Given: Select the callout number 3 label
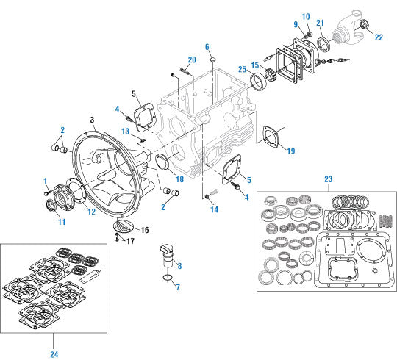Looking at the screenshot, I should [91, 119].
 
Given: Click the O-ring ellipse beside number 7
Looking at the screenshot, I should [168, 278].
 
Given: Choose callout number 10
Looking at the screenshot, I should [306, 16].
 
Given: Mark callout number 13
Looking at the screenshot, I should [126, 131].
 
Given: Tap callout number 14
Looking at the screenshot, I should [213, 209].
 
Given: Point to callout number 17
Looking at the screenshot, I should [130, 241].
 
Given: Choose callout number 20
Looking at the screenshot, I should [191, 60].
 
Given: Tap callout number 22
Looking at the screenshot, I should [379, 37].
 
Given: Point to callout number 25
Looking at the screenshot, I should [242, 69].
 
